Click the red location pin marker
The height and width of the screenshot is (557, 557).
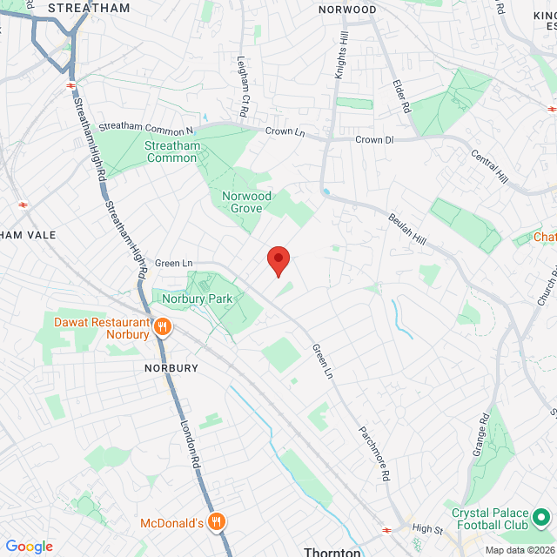pyautogui.click(x=278, y=259)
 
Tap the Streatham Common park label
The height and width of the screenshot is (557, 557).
pyautogui.click(x=171, y=151)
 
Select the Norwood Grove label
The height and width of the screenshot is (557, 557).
pyautogui.click(x=246, y=203)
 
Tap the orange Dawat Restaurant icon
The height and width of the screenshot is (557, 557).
pyautogui.click(x=162, y=327)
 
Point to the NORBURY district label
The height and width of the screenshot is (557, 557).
pyautogui.click(x=171, y=368)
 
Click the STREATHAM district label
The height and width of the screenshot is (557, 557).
pyautogui.click(x=89, y=8)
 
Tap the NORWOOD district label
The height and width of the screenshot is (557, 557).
pyautogui.click(x=347, y=10)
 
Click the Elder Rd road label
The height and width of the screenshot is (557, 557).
pyautogui.click(x=401, y=96)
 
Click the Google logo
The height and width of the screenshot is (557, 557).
pyautogui.click(x=29, y=547)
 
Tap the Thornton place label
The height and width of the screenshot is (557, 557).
pyautogui.click(x=332, y=552)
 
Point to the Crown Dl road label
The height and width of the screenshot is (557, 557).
pyautogui.click(x=375, y=139)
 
